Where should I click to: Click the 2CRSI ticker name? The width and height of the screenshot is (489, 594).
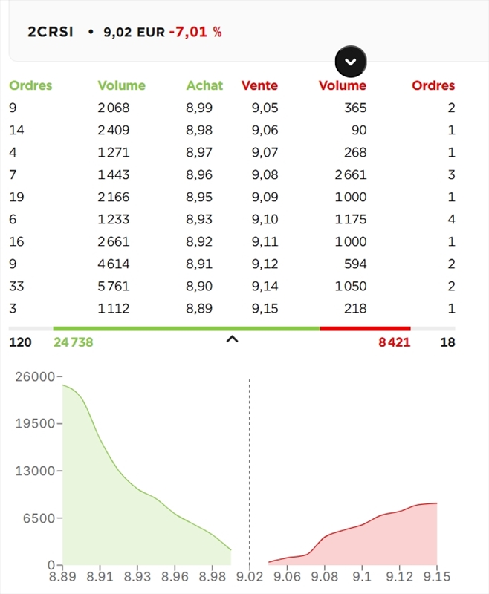(x=51, y=32)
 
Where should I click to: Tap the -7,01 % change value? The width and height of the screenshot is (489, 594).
(x=195, y=32)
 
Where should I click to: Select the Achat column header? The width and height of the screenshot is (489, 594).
(x=204, y=85)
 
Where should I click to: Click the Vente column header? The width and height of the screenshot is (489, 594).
(x=259, y=85)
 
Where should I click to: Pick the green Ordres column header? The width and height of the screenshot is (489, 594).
(x=30, y=85)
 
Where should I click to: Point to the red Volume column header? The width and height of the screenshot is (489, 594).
(x=343, y=85)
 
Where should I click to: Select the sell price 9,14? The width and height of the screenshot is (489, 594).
(x=265, y=286)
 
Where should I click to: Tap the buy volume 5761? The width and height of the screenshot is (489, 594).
(x=114, y=286)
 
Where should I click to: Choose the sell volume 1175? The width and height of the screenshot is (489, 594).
(x=350, y=219)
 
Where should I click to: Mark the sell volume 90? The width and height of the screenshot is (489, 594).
(x=359, y=130)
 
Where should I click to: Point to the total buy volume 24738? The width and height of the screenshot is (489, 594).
(x=73, y=342)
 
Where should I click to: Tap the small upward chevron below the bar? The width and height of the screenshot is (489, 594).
(x=232, y=340)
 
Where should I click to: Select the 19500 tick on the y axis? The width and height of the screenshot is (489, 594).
(x=35, y=423)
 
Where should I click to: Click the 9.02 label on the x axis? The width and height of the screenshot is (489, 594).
(x=249, y=577)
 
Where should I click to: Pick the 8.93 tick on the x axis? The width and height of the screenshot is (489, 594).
(x=137, y=577)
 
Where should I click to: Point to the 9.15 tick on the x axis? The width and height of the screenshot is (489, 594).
(x=437, y=577)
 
